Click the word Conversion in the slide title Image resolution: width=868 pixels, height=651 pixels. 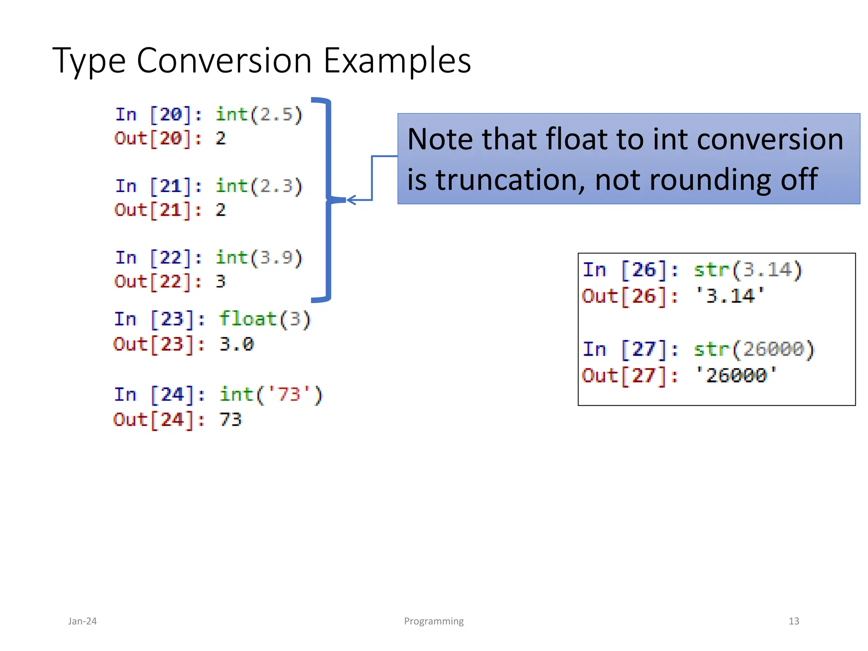224,61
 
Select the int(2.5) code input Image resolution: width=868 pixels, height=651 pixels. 259,115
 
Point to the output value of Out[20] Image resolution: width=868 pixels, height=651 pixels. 220,139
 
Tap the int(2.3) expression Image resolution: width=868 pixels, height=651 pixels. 259,186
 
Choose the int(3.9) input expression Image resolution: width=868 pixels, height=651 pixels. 259,258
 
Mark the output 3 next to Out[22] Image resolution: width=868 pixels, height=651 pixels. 220,282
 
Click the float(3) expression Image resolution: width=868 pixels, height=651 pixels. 265,319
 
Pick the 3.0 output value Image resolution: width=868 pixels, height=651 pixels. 236,344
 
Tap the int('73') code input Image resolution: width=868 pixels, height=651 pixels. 271,395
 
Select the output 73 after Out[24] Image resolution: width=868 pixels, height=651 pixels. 231,420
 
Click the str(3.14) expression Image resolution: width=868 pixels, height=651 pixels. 748,270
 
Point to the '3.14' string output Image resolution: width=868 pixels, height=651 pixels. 730,296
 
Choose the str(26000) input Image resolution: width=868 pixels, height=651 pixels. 754,350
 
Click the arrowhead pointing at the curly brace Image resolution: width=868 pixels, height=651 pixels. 350,200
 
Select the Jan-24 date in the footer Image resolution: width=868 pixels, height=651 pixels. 82,621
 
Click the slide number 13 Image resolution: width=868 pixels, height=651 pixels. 793,621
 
